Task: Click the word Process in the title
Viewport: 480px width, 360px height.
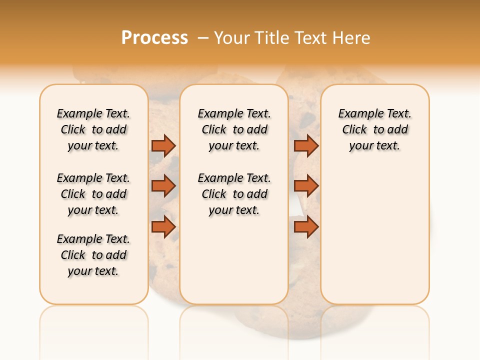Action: (154, 37)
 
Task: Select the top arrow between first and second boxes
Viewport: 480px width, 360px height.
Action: (163, 145)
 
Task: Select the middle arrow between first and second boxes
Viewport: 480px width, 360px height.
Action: (163, 186)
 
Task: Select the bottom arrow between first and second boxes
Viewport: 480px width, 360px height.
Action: (163, 227)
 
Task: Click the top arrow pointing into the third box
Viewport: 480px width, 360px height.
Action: (306, 145)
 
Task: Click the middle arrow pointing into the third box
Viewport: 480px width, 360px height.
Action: (306, 186)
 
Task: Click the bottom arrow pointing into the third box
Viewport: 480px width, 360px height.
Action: (306, 227)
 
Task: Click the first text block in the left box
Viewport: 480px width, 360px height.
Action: (93, 129)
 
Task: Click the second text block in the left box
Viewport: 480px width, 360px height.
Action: (93, 194)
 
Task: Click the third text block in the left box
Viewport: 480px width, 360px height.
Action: (93, 255)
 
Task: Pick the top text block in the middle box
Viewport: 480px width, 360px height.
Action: (234, 129)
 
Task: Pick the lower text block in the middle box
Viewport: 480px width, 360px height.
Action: (234, 194)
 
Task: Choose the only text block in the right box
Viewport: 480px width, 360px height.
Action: (374, 129)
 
